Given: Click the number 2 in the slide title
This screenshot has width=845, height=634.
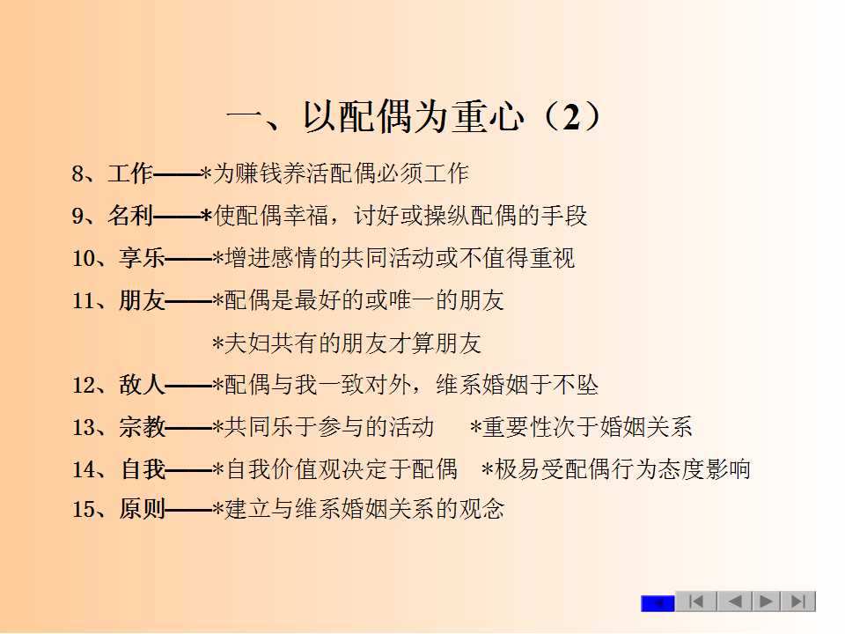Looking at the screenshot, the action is pyautogui.click(x=571, y=116).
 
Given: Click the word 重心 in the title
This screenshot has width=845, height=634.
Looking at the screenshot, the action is pyautogui.click(x=488, y=116).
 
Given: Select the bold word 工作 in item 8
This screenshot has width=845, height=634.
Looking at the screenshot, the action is pyautogui.click(x=130, y=173).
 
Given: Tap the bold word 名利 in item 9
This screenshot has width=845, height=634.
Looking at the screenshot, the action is pyautogui.click(x=130, y=216).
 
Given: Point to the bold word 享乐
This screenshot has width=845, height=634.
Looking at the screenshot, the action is pyautogui.click(x=142, y=258).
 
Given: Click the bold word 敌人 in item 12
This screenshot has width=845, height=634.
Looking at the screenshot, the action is pyautogui.click(x=142, y=385).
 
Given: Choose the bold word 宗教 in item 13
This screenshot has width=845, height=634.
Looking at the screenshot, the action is pyautogui.click(x=142, y=427).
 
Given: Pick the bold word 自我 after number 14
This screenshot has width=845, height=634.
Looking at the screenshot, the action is pyautogui.click(x=143, y=469).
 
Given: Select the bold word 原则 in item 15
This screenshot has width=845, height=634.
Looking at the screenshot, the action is pyautogui.click(x=142, y=509).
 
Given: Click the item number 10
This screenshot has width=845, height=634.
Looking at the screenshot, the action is pyautogui.click(x=84, y=258).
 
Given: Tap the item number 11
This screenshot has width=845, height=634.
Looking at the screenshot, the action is pyautogui.click(x=84, y=300).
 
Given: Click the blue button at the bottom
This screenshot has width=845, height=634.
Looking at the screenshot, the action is pyautogui.click(x=658, y=603).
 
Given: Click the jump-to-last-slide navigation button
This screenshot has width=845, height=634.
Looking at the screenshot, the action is pyautogui.click(x=797, y=601).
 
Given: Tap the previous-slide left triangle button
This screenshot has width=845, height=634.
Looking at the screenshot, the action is pyautogui.click(x=734, y=601).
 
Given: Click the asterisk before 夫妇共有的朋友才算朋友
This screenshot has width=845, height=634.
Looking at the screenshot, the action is pyautogui.click(x=217, y=343).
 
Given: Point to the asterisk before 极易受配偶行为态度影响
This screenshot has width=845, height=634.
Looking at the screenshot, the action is pyautogui.click(x=487, y=469).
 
